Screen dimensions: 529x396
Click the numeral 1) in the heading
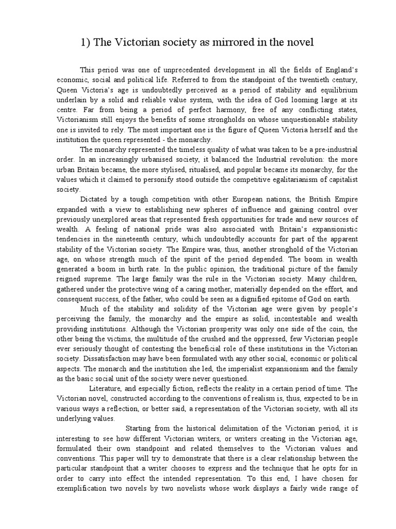(x=86, y=42)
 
